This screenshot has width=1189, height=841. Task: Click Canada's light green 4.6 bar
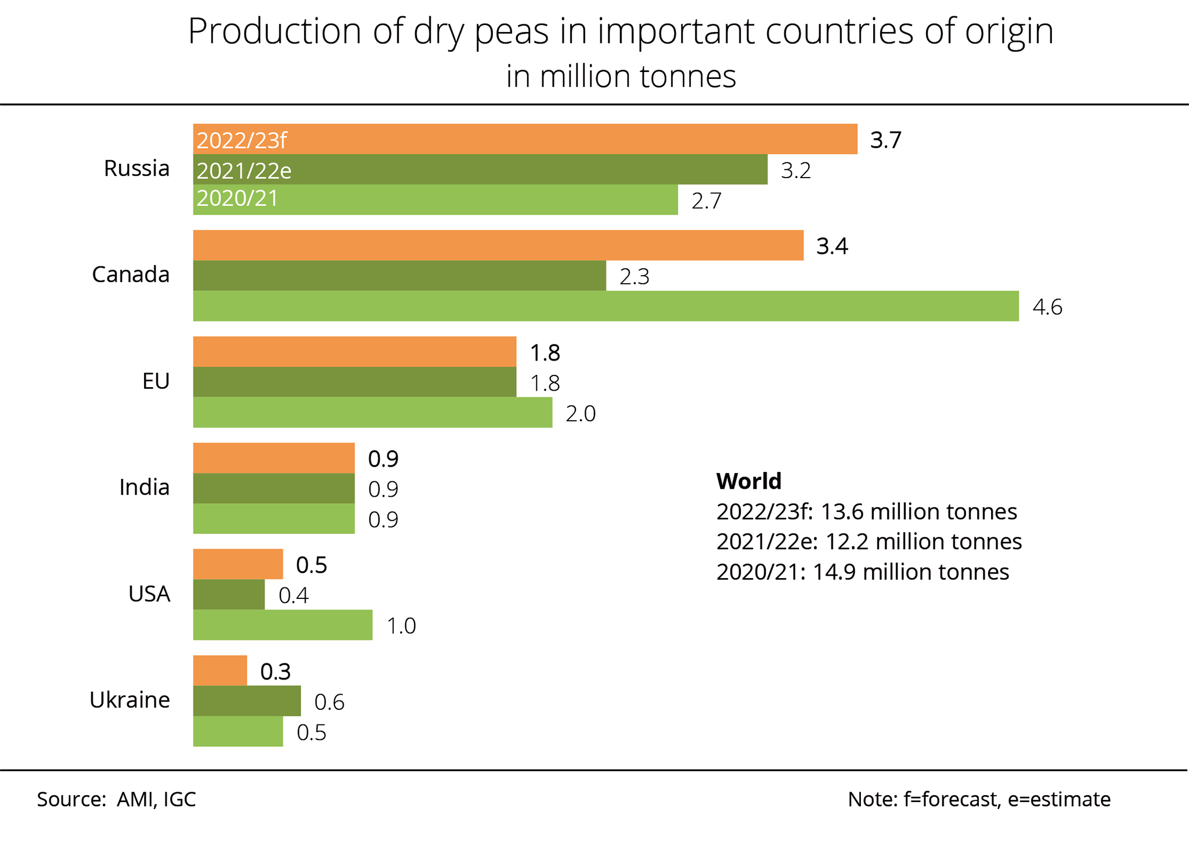click(x=606, y=306)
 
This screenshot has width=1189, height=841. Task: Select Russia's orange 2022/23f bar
click(x=525, y=139)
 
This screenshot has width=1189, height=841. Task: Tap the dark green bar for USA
click(x=229, y=594)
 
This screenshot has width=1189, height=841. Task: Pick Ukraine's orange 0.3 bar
click(x=220, y=671)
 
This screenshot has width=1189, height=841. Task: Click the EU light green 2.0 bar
click(x=372, y=413)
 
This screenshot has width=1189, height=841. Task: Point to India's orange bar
click(x=273, y=458)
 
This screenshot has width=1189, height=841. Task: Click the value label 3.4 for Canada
click(x=831, y=246)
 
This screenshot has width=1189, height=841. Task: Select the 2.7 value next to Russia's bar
click(x=706, y=200)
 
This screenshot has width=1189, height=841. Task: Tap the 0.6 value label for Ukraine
click(x=329, y=702)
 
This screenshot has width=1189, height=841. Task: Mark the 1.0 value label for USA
click(x=401, y=626)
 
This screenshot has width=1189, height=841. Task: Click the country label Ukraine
click(x=129, y=700)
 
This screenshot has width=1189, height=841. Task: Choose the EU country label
click(x=156, y=381)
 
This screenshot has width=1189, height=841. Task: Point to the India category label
click(x=144, y=487)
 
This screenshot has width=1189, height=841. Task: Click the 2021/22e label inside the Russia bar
click(x=244, y=171)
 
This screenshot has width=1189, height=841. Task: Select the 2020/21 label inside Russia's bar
click(x=237, y=198)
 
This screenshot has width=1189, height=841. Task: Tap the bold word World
click(x=748, y=481)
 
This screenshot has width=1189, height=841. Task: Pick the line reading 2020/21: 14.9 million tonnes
click(x=862, y=572)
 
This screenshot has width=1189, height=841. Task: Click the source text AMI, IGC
click(x=156, y=799)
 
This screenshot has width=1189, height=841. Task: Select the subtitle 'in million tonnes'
click(x=621, y=76)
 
